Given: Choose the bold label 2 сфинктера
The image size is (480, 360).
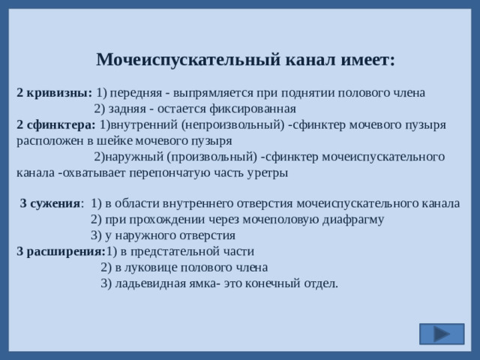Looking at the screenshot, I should click(55, 124).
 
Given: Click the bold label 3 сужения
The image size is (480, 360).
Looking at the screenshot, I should click(51, 203).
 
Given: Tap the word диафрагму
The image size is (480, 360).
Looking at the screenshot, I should click(352, 219).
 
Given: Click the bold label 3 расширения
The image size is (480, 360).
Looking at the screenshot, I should click(61, 250).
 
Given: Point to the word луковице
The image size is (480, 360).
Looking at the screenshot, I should click(151, 266).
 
